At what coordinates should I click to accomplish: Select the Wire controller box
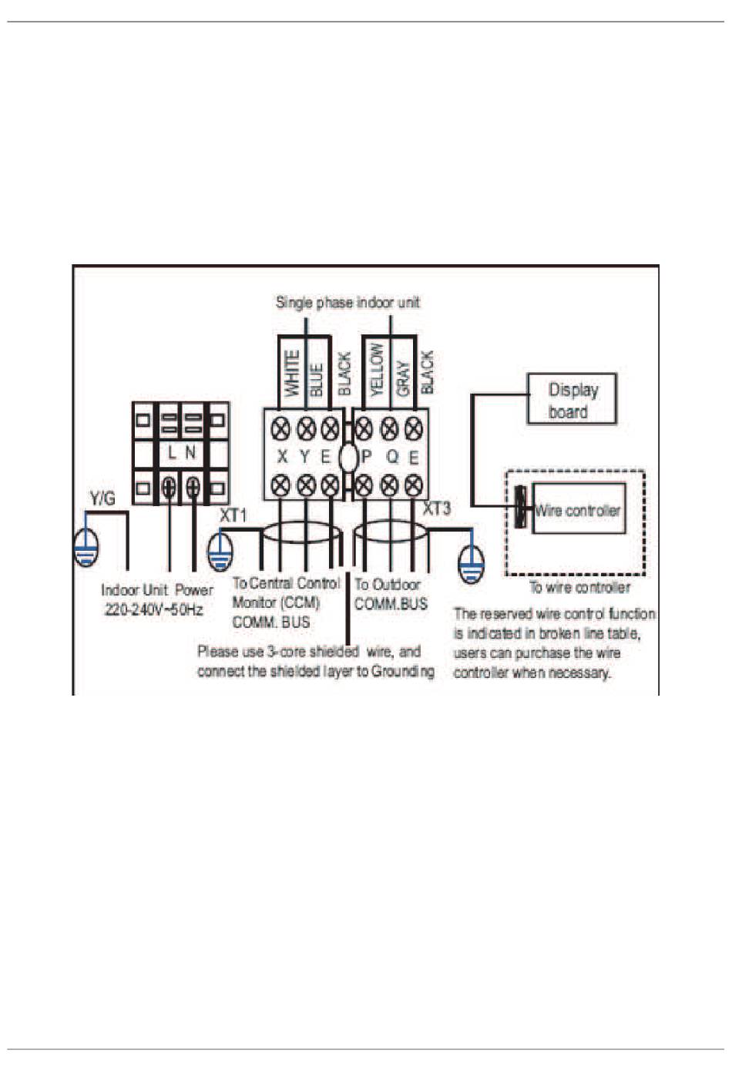579,508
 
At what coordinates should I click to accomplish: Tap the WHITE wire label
292,373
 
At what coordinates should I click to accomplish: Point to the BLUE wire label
317,380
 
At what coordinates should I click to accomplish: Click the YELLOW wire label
378,370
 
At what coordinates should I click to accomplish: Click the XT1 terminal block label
233,515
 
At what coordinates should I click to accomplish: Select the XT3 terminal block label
437,508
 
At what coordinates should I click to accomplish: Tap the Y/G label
102,499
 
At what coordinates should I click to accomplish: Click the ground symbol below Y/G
86,548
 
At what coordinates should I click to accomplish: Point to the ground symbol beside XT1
220,552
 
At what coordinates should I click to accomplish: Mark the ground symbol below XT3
472,563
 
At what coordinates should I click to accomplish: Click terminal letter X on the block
282,457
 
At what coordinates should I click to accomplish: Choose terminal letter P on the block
366,457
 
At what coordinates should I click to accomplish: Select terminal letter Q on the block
393,457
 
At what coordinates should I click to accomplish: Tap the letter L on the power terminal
172,452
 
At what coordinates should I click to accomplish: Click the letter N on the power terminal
191,452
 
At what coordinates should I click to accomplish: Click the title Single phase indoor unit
348,303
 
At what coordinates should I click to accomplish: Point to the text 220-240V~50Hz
154,610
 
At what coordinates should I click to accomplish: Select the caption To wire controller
579,587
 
